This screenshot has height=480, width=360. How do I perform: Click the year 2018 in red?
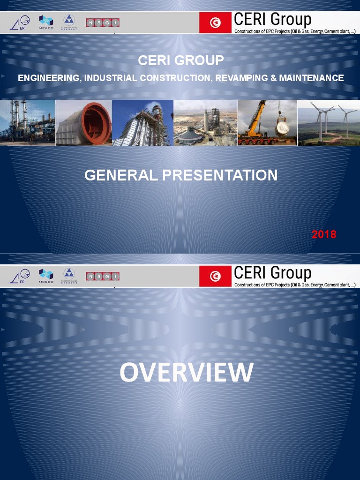[x=324, y=234]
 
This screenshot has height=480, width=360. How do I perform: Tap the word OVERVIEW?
[x=186, y=373]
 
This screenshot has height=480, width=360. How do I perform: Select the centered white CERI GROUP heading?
[x=180, y=60]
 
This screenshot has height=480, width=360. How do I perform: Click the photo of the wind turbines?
[x=329, y=122]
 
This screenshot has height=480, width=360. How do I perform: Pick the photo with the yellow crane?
[x=267, y=122]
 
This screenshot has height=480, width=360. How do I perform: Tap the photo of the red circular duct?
[x=84, y=123]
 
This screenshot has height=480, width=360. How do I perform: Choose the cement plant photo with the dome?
[x=205, y=123]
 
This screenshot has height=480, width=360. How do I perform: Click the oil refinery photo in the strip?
[x=27, y=123]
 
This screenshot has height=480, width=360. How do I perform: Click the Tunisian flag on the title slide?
[x=215, y=22]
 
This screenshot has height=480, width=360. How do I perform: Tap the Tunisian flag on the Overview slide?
[x=215, y=276]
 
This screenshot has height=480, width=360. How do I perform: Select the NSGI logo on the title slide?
[x=103, y=22]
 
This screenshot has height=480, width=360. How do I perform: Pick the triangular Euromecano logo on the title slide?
[x=69, y=22]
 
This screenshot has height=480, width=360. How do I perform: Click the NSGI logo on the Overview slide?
[x=103, y=276]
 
